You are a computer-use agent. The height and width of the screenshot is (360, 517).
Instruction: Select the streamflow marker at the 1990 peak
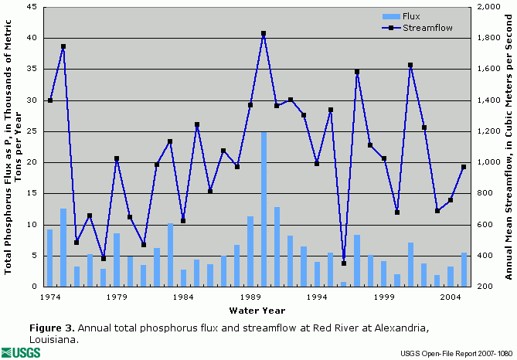[x=264, y=33]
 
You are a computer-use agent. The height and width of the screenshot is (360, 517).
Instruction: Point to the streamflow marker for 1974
[x=50, y=100]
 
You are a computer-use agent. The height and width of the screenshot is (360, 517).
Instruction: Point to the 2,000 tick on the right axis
[x=488, y=7]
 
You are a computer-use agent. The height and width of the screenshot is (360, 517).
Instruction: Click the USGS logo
[x=20, y=352]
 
